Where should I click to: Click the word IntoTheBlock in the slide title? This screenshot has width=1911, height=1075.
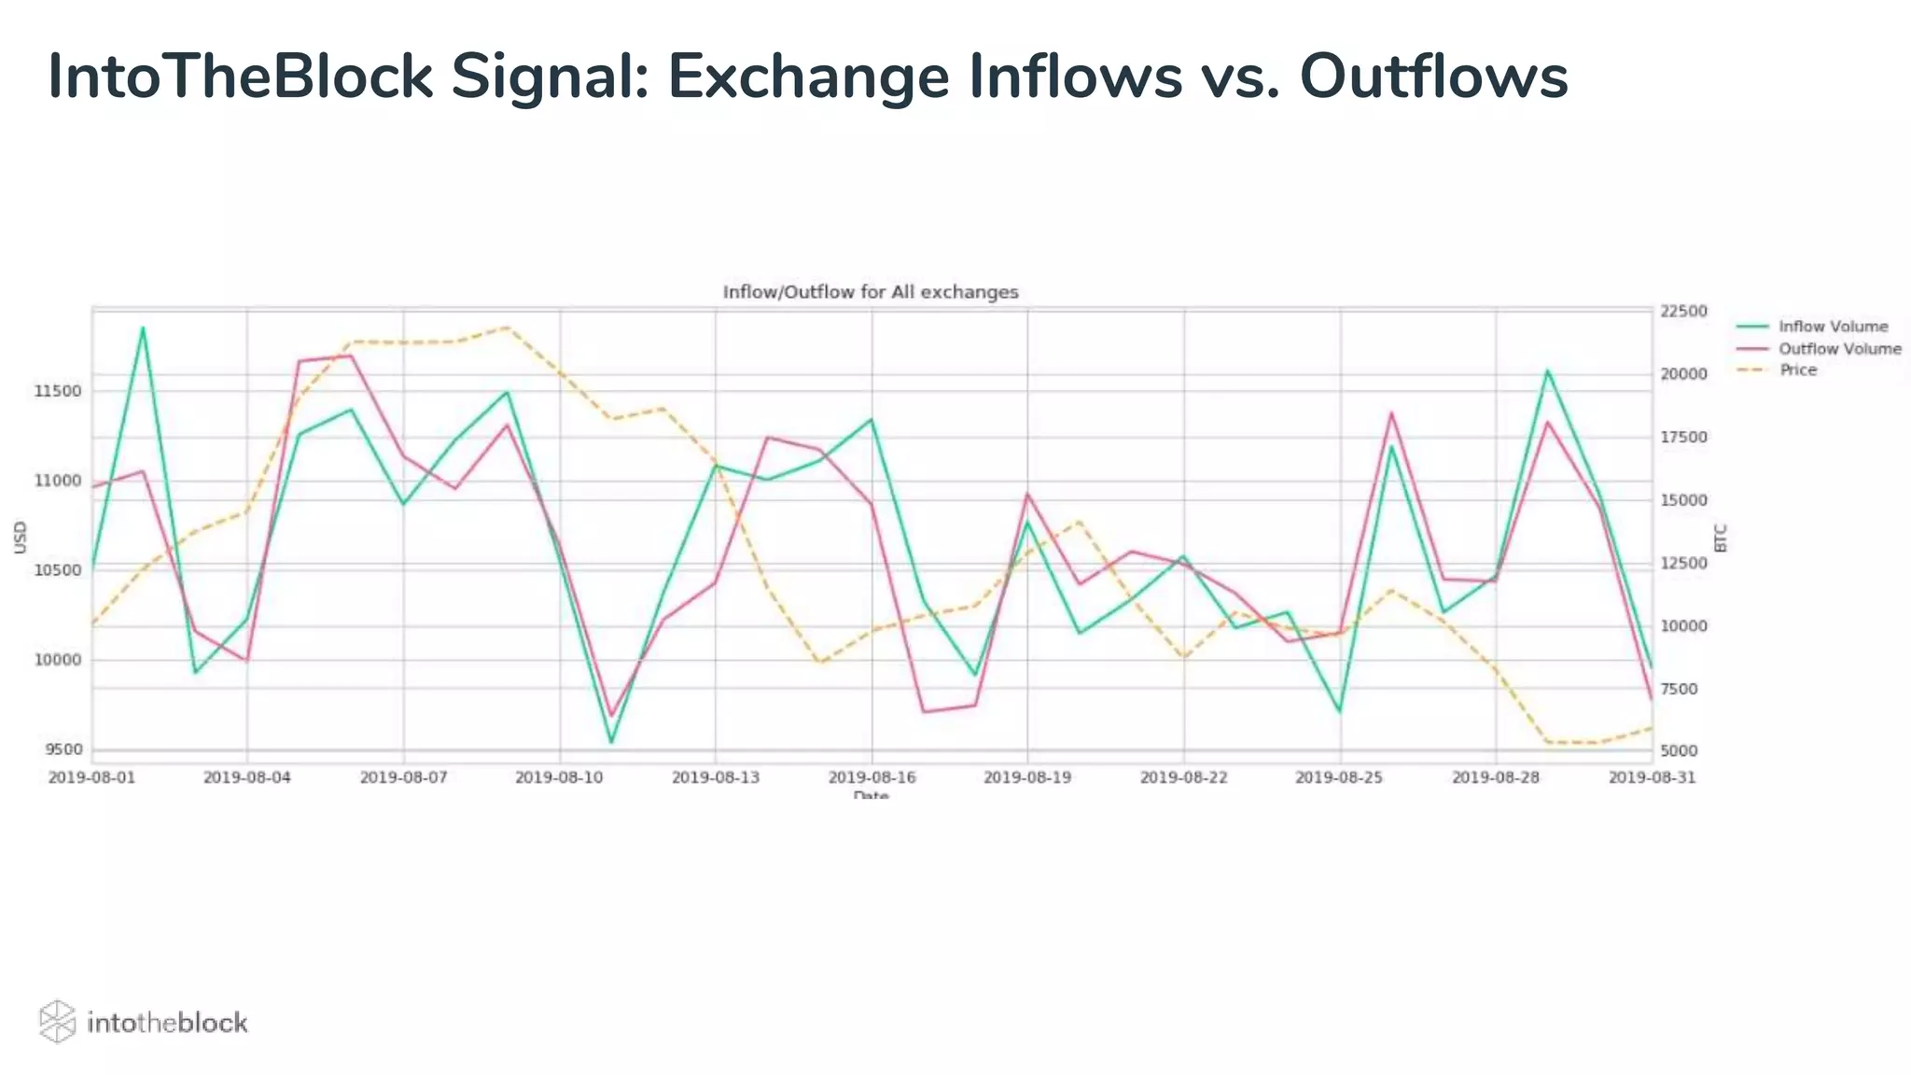240,77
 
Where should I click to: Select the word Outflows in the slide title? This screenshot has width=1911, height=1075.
1433,77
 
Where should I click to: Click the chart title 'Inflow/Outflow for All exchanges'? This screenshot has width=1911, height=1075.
871,292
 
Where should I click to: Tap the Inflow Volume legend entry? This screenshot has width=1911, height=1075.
1833,327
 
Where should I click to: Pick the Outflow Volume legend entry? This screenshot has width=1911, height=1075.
1839,349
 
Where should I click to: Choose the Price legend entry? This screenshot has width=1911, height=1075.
1797,370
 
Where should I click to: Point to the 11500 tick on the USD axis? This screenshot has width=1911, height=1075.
58,391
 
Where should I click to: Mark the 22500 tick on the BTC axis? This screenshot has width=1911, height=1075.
1683,311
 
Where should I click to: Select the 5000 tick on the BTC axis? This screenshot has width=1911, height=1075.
1679,750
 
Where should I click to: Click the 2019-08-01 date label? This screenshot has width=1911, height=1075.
91,777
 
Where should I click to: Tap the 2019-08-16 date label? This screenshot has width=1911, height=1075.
872,777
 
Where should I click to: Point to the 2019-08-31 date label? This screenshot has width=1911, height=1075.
1652,777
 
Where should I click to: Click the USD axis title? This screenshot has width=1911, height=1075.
21,537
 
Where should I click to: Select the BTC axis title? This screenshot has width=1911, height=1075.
1722,537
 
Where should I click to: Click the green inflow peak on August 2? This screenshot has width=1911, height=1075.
143,328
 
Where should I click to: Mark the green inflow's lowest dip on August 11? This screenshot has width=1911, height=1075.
611,742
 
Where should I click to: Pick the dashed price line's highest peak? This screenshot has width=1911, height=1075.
508,328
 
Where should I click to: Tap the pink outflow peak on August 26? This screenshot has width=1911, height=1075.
1391,412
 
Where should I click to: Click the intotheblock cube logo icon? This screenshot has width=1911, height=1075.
57,1022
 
